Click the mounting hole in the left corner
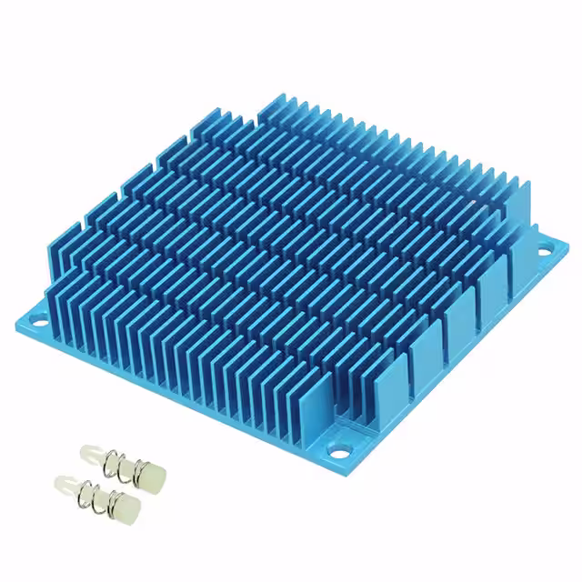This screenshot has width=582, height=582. pyautogui.click(x=39, y=320)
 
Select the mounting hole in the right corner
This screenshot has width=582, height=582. pyautogui.click(x=544, y=246)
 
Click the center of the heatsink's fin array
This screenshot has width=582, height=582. pyautogui.click(x=291, y=246)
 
